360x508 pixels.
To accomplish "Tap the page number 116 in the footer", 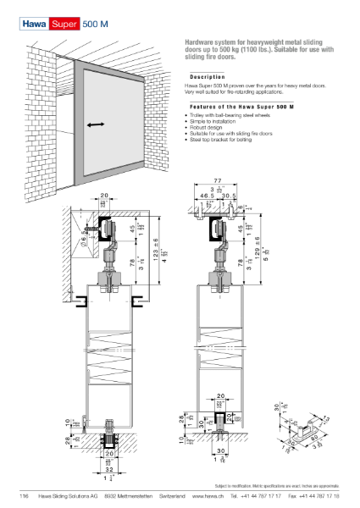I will (24, 495).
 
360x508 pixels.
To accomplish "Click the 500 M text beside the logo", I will (97, 27).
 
